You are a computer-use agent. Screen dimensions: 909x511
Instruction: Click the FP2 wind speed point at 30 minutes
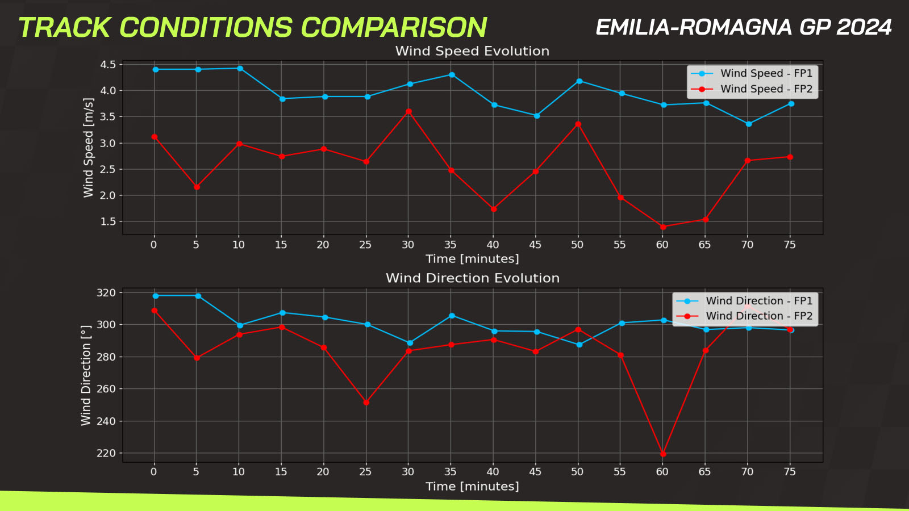point(408,111)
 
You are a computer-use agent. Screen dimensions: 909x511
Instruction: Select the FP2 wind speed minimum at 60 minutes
point(663,227)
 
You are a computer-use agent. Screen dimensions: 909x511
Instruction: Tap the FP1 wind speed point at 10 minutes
point(240,69)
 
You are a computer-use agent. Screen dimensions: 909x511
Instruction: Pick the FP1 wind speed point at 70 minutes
point(749,124)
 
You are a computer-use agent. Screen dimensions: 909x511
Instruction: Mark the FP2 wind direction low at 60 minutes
point(663,454)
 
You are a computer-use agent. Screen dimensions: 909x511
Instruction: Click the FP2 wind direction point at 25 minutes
point(366,403)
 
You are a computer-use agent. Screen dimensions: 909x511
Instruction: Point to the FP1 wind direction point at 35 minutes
point(452,316)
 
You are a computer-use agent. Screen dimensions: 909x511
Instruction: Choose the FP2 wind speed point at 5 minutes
point(197,187)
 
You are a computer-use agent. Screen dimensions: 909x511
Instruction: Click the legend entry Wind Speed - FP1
point(752,73)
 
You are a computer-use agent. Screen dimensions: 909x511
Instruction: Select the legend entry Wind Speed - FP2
point(752,89)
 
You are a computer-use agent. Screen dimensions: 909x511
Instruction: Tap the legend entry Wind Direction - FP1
point(744,301)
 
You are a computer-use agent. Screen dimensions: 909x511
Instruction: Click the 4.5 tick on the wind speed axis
point(108,65)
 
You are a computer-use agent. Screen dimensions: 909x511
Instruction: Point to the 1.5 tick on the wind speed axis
point(108,221)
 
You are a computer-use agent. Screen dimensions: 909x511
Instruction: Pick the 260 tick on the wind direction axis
point(106,389)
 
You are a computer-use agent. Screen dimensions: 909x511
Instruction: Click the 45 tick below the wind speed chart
point(535,245)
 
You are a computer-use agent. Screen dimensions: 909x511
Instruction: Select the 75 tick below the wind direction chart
point(790,472)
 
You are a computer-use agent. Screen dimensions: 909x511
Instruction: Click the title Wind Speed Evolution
point(472,51)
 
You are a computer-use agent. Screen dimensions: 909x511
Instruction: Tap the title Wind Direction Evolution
point(473,278)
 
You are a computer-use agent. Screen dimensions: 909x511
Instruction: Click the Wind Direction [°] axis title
point(86,375)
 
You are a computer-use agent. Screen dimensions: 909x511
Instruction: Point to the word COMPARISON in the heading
point(394,28)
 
